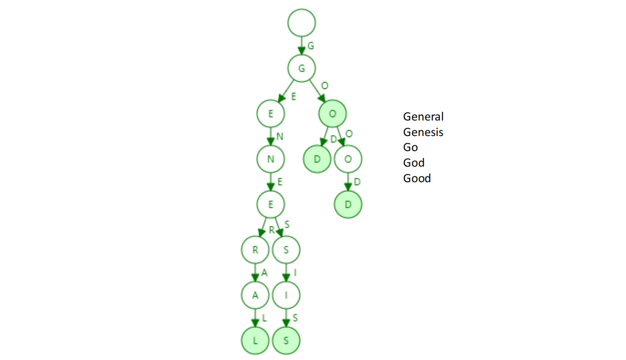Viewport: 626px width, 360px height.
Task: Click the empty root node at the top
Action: (x=302, y=22)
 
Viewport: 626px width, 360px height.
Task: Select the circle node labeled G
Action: (x=302, y=68)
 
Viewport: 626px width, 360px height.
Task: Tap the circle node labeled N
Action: (x=271, y=159)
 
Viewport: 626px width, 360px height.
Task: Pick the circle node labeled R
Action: (x=255, y=250)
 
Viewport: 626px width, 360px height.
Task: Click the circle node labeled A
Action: (x=255, y=295)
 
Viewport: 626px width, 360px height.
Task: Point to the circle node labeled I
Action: (x=286, y=295)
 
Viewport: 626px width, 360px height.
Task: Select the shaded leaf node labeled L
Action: (x=255, y=340)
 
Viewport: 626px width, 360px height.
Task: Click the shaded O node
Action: (x=333, y=114)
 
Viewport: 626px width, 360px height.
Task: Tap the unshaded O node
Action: (x=348, y=159)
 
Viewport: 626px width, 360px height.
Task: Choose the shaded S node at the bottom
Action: (x=286, y=340)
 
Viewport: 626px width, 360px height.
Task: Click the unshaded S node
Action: (x=286, y=250)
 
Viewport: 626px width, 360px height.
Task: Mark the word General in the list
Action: (x=423, y=117)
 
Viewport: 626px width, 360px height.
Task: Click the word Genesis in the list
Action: (x=423, y=132)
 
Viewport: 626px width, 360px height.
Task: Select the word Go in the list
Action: (x=410, y=147)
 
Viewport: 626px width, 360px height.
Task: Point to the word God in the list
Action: (x=414, y=163)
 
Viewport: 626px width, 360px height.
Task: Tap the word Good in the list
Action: (x=417, y=178)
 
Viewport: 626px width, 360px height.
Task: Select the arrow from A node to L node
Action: (x=255, y=318)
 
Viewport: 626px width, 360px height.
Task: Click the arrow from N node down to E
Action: (x=271, y=182)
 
